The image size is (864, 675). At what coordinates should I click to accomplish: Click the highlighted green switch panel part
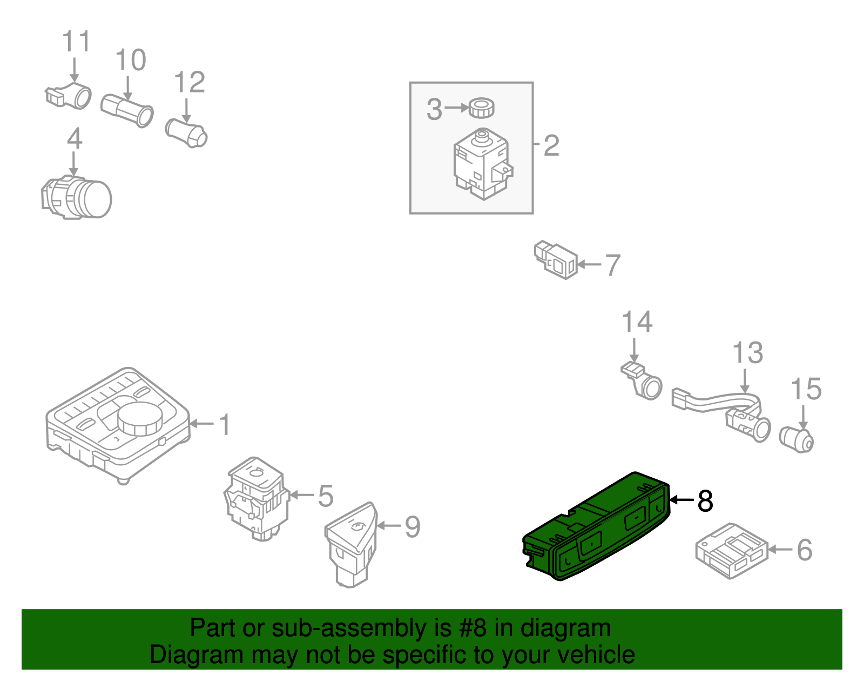coord(597,527)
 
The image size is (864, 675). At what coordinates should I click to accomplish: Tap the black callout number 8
coord(705,501)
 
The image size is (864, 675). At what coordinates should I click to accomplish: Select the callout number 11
coord(76,42)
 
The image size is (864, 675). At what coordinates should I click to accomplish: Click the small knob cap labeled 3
coord(481,108)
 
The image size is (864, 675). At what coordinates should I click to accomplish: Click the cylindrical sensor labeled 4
coord(77,198)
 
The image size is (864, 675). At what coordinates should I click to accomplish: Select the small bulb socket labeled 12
coord(186,133)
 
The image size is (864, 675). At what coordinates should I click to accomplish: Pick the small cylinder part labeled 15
coord(797,439)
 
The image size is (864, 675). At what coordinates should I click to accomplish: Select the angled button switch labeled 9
coord(351,543)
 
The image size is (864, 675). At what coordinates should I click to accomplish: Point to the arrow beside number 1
coord(202,424)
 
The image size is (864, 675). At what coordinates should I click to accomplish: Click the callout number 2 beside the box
coord(551,145)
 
